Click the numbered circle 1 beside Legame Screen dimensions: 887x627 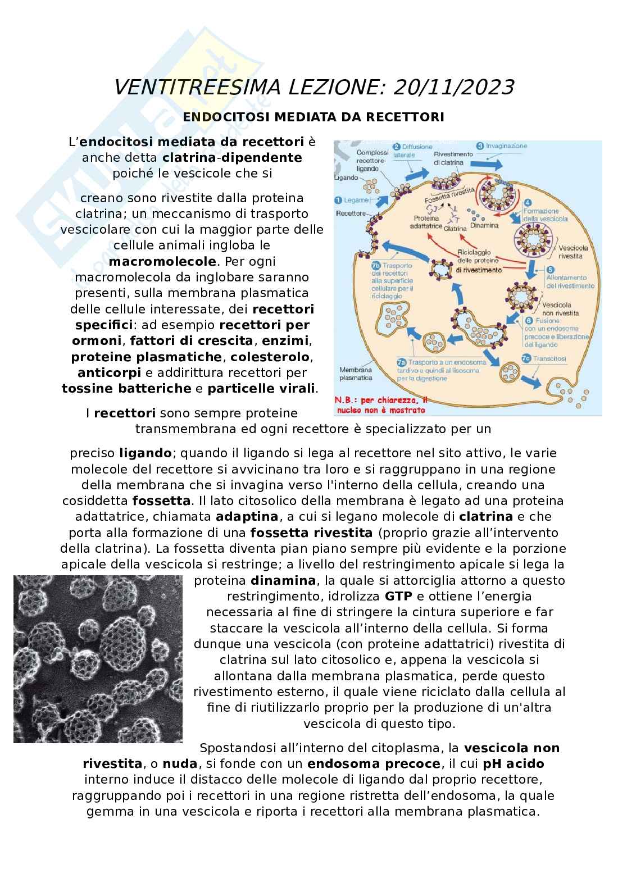tap(338, 200)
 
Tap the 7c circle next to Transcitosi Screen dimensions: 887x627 tap(526, 358)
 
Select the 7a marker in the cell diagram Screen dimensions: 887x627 tap(401, 363)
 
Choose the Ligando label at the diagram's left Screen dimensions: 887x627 tap(346, 177)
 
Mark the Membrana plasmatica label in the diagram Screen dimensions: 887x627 tap(356, 374)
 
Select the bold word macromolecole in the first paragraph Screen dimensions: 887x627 tap(162, 261)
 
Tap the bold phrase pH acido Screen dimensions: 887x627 tap(513, 764)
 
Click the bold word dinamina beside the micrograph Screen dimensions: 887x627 tap(283, 580)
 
